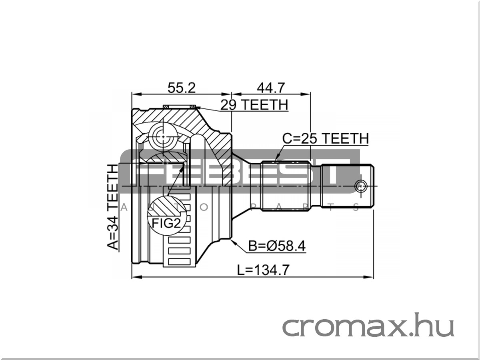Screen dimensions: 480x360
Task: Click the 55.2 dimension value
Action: pyautogui.click(x=181, y=88)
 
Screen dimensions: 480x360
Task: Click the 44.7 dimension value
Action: pyautogui.click(x=271, y=88)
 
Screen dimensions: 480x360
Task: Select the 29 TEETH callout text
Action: pyautogui.click(x=254, y=105)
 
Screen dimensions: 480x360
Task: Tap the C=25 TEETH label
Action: pyautogui.click(x=325, y=138)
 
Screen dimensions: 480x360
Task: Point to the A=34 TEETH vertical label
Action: pyautogui.click(x=113, y=207)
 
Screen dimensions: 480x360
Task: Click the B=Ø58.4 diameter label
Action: pyautogui.click(x=277, y=246)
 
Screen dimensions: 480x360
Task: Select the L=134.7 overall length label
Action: pyautogui.click(x=264, y=270)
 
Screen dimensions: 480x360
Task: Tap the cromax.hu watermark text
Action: pyautogui.click(x=368, y=325)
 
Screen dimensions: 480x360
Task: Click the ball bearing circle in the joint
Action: pyautogui.click(x=163, y=137)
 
